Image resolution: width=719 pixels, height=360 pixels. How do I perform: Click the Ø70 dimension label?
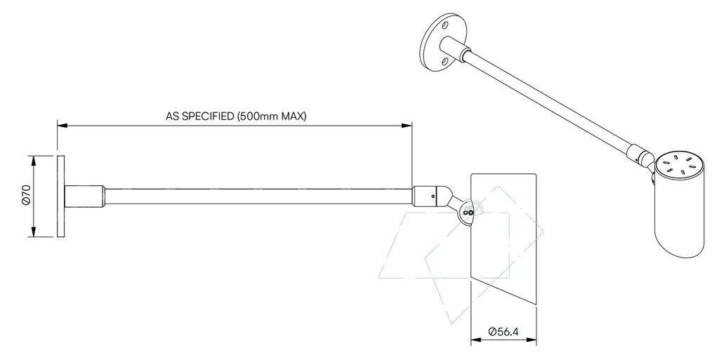(25, 196)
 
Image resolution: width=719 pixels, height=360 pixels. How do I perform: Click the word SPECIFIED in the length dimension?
(209, 116)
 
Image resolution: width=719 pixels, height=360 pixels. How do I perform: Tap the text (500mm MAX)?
(272, 116)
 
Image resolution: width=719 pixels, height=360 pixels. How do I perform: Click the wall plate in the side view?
(60, 196)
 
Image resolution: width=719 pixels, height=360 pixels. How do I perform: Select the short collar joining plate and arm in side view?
(85, 196)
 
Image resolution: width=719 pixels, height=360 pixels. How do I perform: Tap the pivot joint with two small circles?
(467, 211)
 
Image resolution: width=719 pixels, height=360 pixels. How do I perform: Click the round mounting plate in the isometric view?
(436, 43)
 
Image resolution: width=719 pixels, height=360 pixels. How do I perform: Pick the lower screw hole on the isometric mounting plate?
(444, 62)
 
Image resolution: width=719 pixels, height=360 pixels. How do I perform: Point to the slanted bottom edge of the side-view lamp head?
(503, 291)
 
